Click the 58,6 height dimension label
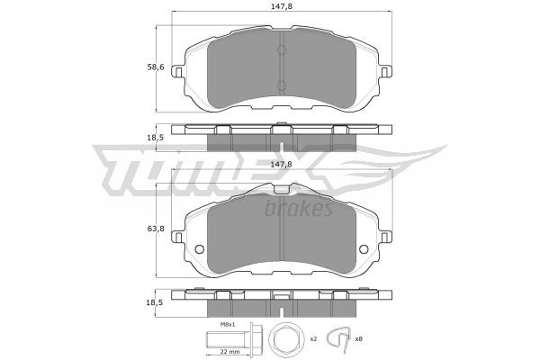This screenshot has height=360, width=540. point(156,67)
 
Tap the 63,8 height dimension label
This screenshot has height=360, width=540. point(156,229)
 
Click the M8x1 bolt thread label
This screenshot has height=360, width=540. point(228,324)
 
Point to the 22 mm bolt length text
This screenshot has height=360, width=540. point(229,352)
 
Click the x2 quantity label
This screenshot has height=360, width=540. point(313,339)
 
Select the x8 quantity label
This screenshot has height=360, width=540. point(358,339)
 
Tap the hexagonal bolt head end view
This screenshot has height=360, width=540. point(285,338)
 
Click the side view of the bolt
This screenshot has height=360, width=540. point(234,338)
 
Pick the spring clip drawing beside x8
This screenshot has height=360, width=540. point(339,338)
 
